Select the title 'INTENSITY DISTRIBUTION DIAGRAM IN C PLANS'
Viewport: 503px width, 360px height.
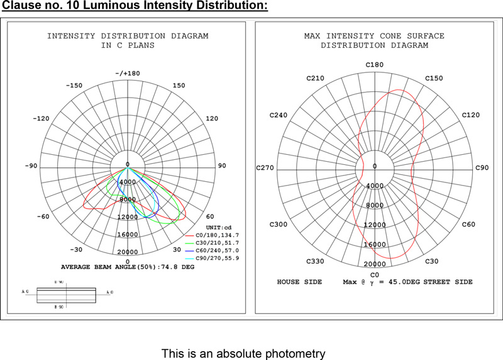128,41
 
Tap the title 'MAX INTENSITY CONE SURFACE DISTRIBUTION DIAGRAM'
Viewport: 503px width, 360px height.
375,41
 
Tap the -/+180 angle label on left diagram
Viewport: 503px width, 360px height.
128,74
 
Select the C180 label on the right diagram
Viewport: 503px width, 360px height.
375,65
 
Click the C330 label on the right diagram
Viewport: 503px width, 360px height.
315,261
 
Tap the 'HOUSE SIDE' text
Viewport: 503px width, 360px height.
299,282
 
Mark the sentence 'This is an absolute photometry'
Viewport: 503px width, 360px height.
243,354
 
